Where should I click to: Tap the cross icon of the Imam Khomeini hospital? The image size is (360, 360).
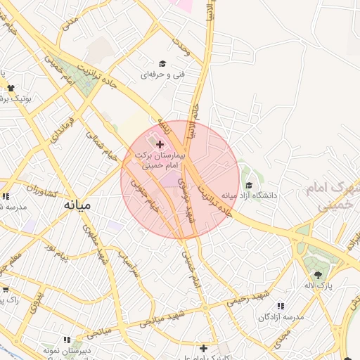pos(160,143)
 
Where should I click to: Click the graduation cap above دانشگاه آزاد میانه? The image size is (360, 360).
pos(248,185)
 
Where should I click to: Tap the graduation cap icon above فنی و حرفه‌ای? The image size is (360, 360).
pos(162,63)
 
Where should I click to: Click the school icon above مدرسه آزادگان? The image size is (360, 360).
pos(281,307)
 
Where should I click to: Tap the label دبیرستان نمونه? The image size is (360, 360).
pos(68,349)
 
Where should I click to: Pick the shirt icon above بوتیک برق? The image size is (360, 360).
pos(11,88)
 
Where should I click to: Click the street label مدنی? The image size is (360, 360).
pos(70,22)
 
